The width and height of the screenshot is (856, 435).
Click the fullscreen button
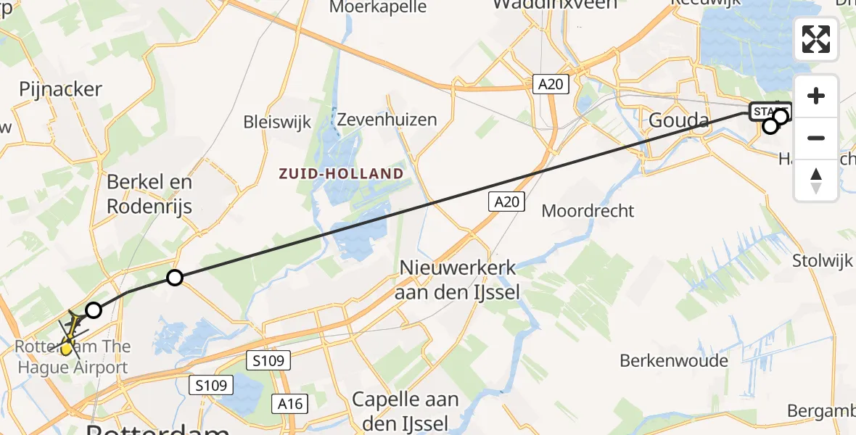coord(816,39)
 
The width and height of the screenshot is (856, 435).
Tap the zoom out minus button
coord(816,138)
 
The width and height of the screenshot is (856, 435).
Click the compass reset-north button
coord(816,181)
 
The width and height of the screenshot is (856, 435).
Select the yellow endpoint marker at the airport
coord(66,349)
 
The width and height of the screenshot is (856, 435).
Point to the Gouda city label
coord(677,120)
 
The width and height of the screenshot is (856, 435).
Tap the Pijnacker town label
coord(60,90)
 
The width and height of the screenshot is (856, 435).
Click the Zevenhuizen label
coord(387,120)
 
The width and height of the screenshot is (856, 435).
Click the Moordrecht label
coord(588,211)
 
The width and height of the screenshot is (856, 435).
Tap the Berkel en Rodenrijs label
coord(149,194)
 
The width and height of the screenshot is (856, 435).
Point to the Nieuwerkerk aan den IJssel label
coord(458,279)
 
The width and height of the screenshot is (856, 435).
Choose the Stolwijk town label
coord(823,260)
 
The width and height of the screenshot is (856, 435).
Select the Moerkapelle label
coord(379,7)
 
